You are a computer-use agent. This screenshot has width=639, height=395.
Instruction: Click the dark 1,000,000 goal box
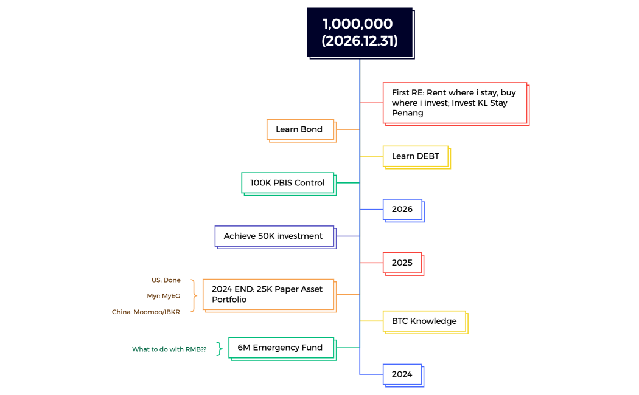[x=359, y=32]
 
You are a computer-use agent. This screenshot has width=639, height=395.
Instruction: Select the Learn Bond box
[x=301, y=129]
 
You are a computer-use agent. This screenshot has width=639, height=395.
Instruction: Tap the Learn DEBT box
[x=416, y=156]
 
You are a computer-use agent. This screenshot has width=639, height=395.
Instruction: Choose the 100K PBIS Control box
[x=288, y=183]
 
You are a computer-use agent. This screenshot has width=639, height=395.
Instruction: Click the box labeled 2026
[x=402, y=210]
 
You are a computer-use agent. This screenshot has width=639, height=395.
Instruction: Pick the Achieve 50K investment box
[x=274, y=236]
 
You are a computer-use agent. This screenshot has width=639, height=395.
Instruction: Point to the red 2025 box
[x=402, y=263]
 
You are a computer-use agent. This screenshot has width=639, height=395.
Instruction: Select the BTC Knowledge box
[x=424, y=321]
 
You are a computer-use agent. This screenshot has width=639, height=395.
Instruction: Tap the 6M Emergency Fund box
[x=281, y=348]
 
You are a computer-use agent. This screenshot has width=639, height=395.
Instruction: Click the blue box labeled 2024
[x=402, y=374]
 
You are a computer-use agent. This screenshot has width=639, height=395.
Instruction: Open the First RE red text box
[x=455, y=103]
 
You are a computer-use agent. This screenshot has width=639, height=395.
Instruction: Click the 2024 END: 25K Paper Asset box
[x=268, y=294]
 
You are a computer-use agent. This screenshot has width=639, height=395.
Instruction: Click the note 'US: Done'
[x=166, y=280]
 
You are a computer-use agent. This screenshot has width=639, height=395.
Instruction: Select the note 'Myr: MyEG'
[x=164, y=296]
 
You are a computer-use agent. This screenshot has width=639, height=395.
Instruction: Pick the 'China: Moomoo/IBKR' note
[x=146, y=312]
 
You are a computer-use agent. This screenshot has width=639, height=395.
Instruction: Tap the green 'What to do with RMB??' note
[x=169, y=349]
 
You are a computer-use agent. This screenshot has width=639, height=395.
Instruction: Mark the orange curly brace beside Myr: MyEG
[x=194, y=296]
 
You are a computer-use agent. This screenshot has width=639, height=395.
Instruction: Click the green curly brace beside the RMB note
[x=220, y=349]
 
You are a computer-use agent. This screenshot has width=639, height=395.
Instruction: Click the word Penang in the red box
[x=407, y=113]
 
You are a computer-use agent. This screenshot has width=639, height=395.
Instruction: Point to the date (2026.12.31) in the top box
[x=359, y=42]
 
